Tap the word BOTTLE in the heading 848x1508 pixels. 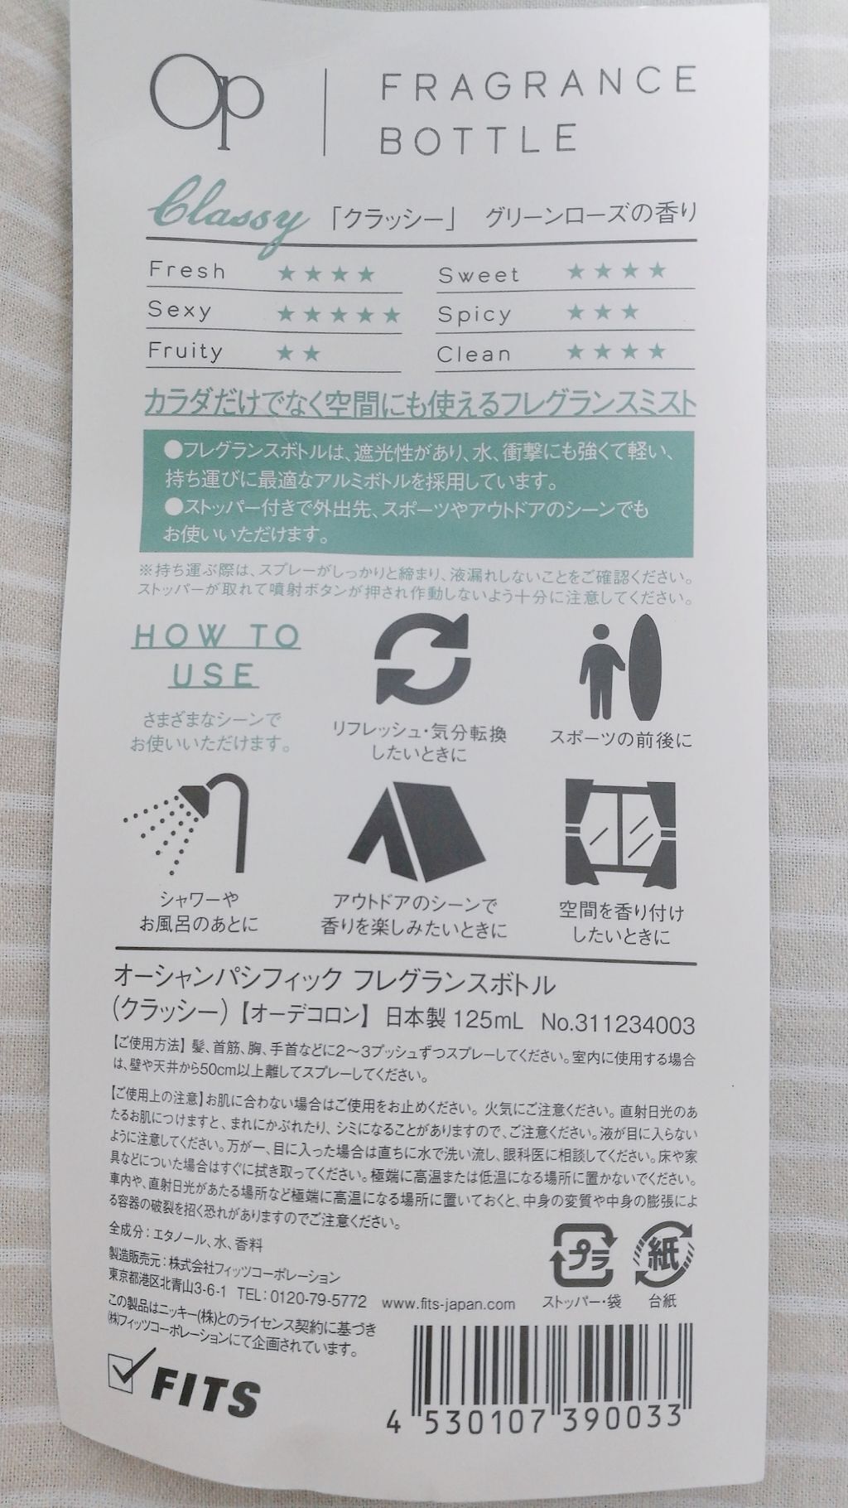477,138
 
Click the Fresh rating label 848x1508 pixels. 186,271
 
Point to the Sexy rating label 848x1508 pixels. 180,311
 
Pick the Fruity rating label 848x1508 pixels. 185,351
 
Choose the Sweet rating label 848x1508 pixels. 478,274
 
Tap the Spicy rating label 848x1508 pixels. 475,315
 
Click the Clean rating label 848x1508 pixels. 475,355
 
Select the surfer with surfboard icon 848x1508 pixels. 618,668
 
